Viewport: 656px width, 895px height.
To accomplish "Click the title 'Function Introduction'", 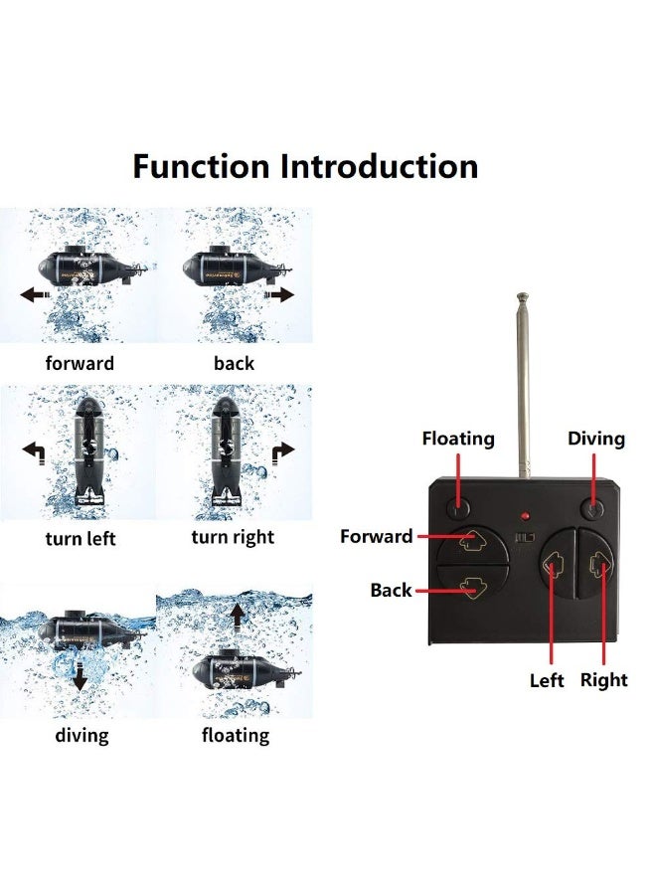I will click(305, 165).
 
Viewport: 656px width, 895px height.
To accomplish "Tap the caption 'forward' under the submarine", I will click(80, 363).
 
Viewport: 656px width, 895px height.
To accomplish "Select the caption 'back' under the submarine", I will click(234, 363).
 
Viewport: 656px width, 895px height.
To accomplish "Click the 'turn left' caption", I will click(81, 539).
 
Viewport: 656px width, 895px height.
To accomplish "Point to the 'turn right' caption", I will click(233, 538).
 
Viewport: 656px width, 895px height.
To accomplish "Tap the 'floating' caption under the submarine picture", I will click(236, 736).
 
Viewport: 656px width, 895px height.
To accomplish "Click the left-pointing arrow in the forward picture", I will click(36, 294).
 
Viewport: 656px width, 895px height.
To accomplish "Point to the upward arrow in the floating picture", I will click(238, 617).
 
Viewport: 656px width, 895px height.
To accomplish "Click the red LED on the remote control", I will click(523, 516).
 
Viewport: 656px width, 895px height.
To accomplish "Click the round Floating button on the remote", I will click(457, 508).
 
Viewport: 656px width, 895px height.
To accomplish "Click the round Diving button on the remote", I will click(594, 509).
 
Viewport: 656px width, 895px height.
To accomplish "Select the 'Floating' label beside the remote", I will click(458, 439).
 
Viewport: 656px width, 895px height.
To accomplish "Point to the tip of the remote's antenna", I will click(521, 296).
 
